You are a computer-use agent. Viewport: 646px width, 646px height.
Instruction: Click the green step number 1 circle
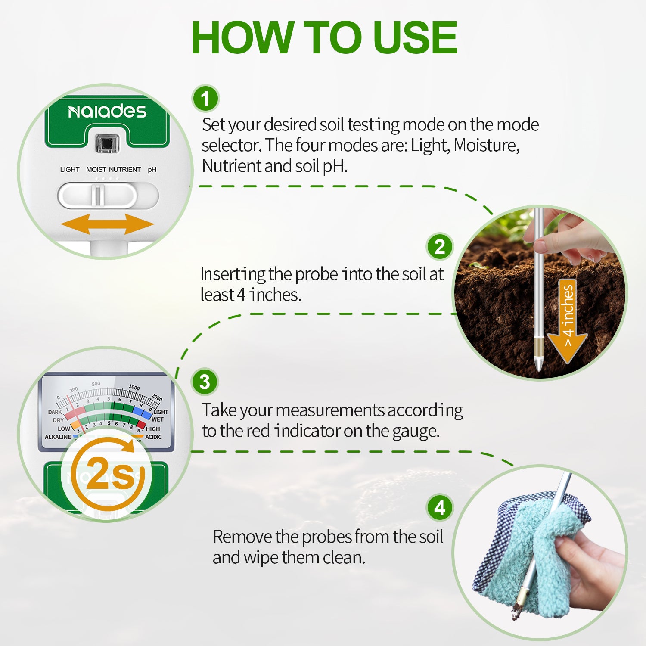205,98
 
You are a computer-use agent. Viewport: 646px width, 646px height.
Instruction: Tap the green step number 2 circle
439,247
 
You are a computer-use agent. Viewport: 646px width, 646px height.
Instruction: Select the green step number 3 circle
205,382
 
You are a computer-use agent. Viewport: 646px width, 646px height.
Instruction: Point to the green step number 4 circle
439,508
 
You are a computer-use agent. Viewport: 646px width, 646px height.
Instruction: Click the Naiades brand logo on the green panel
107,112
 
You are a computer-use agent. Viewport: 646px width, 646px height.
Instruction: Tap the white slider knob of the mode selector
98,196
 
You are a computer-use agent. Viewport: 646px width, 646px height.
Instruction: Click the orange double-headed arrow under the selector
107,224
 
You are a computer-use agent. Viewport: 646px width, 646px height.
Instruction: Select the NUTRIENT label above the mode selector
125,170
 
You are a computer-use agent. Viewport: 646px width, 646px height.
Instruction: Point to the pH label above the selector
152,170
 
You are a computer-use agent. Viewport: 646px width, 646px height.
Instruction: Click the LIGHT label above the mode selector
70,170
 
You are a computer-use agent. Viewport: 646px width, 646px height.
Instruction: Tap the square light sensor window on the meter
107,143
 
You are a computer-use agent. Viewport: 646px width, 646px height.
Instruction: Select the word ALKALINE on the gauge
58,437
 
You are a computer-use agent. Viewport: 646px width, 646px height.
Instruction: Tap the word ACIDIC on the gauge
153,437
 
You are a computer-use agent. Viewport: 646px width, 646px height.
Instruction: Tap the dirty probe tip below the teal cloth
516,612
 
